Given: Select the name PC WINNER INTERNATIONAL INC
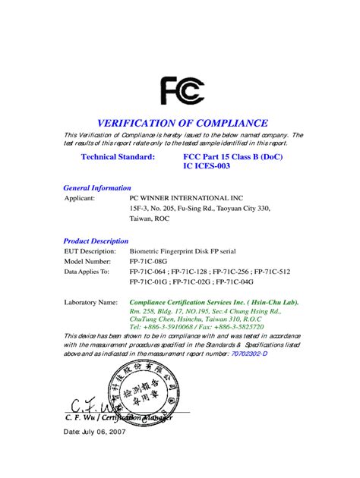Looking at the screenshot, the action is [178, 198].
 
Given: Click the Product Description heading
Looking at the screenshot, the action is [96, 241].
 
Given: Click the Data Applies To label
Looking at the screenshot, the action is [87, 271].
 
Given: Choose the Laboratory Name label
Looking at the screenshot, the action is [90, 301].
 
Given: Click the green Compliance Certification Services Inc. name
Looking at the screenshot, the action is [214, 301].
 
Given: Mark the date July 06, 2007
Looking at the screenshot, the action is [95, 432].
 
